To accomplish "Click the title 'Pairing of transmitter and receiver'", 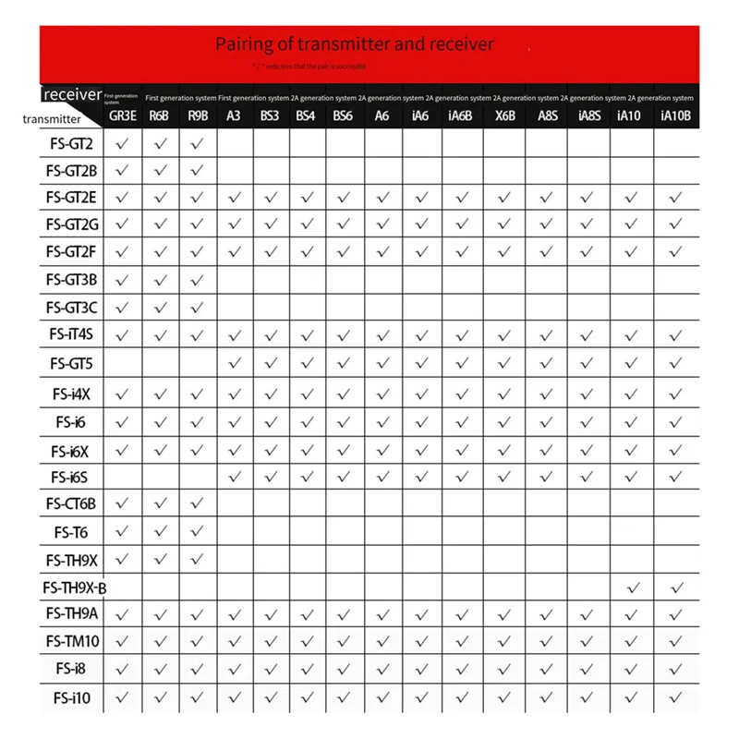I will point(355,43).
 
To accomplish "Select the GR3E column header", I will point(122,117).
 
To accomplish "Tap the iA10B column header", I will point(676,117).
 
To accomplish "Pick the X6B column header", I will point(504,117).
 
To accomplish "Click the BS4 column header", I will point(305,117).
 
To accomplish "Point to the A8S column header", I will point(547,117).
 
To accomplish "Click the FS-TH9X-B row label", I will point(75,588).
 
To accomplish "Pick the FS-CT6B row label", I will point(71,503).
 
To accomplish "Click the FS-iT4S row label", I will point(71,335).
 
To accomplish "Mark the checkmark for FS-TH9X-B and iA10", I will point(632,588).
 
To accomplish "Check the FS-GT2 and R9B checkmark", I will point(197,144).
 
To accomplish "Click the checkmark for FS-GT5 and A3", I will point(234,363).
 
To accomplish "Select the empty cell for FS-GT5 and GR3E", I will point(122,363).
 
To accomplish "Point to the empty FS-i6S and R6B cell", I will point(160,476).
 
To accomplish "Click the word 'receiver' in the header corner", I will point(71,94).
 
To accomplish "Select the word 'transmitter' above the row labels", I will point(52,118).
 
